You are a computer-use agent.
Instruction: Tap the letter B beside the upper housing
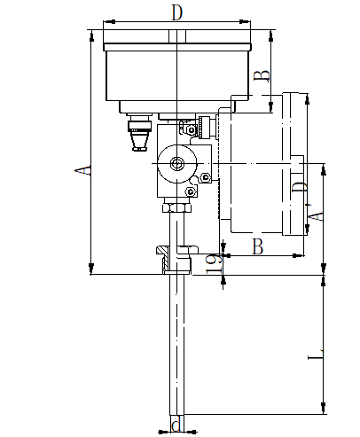[x=261, y=76]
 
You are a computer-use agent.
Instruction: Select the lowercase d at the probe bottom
[x=176, y=426]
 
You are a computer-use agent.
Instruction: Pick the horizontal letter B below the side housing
[x=258, y=246]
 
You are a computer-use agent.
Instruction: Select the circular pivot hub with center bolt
[x=176, y=164]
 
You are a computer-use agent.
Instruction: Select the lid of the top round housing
[x=177, y=44]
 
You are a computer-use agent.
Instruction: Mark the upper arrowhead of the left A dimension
[x=92, y=35]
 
